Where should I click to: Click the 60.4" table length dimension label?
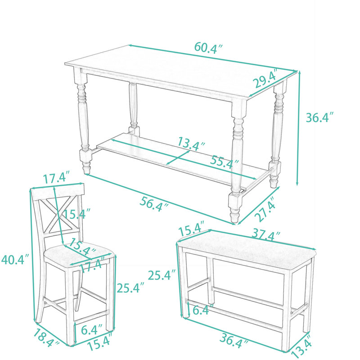[208, 48]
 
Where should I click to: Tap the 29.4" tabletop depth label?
[265, 78]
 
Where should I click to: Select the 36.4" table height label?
[319, 117]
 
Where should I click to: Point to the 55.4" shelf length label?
[224, 162]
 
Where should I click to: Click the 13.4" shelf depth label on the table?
[191, 144]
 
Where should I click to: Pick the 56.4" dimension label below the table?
[154, 204]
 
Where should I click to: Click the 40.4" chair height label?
[15, 260]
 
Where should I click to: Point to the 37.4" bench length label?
[266, 234]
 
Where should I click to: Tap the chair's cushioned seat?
[78, 254]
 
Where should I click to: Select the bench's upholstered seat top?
[246, 251]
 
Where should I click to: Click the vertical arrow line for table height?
[298, 128]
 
